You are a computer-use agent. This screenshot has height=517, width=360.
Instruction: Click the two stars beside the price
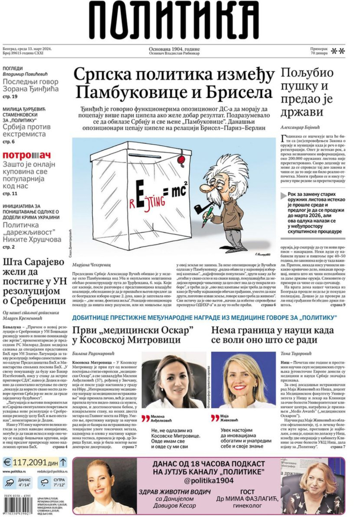coord(338,51)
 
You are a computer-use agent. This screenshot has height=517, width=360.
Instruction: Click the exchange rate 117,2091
coord(30,462)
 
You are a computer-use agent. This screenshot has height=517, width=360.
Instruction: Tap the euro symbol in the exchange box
coord(8,463)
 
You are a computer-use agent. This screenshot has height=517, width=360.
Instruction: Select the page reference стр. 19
coord(10,97)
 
